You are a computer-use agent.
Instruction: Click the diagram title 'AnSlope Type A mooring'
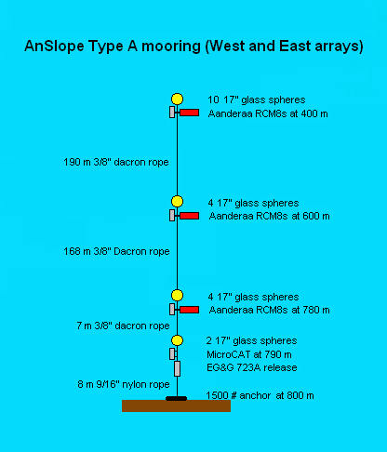(x=113, y=47)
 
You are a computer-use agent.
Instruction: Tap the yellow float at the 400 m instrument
(x=177, y=99)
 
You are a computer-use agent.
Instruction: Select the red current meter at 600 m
(x=190, y=216)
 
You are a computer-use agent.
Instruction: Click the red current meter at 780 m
(x=190, y=310)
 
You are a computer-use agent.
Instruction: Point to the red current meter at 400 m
(x=190, y=113)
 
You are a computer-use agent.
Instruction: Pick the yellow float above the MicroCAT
(x=177, y=340)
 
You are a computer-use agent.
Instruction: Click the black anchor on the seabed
(x=176, y=398)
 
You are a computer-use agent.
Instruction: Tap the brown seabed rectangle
(x=176, y=405)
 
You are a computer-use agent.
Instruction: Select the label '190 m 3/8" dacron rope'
(x=116, y=162)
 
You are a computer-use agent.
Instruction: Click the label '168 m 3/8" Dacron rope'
(x=116, y=251)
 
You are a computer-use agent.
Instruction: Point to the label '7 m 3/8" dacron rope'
(x=123, y=326)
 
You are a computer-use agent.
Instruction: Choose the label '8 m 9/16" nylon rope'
(x=124, y=384)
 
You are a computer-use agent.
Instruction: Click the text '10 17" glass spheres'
(x=257, y=100)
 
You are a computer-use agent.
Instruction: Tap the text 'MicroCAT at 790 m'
(x=249, y=354)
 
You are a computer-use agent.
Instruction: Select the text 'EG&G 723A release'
(x=252, y=367)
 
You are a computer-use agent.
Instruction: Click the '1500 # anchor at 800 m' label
(x=260, y=395)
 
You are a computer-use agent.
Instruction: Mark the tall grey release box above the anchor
(x=177, y=368)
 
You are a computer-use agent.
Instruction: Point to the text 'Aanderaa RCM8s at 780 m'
(x=269, y=310)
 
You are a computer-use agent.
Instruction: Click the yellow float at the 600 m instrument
(x=177, y=201)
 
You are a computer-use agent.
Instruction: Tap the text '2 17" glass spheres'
(x=251, y=340)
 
